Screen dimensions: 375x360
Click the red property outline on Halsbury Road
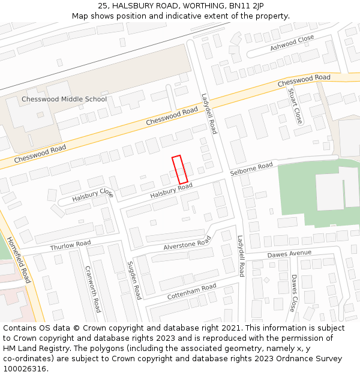[x=180, y=169]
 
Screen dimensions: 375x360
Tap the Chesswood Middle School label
[x=64, y=99]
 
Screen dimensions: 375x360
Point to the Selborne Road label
[x=251, y=169]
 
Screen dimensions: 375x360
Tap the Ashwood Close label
[x=292, y=42]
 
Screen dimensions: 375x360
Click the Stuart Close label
[x=295, y=106]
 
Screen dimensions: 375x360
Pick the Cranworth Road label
[x=92, y=289]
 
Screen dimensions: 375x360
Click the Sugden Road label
[x=134, y=280]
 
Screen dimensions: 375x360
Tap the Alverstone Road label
[x=188, y=243]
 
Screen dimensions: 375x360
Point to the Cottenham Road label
[x=192, y=292]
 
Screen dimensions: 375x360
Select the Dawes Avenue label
[x=289, y=254]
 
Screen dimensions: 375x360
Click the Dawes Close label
[x=293, y=293]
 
